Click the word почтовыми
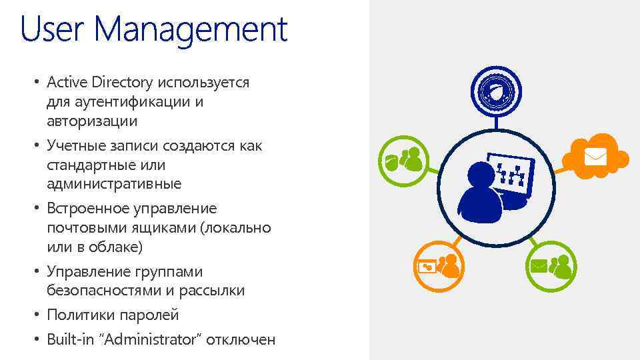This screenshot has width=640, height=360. point(85,228)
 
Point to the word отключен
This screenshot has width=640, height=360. point(241,340)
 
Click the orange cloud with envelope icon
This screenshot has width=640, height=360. point(595,157)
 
